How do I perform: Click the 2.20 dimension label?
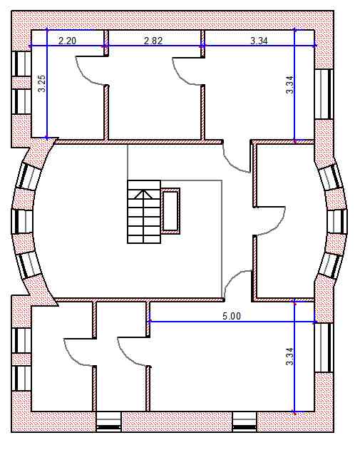[x=67, y=41]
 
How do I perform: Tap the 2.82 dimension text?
[x=153, y=41]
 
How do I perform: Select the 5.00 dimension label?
[x=232, y=316]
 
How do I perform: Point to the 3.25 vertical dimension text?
[x=42, y=83]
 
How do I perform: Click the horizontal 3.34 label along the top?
[x=259, y=41]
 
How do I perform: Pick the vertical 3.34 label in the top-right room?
[x=289, y=84]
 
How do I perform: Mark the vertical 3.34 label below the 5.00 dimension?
[x=289, y=357]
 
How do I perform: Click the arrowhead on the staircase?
[x=143, y=194]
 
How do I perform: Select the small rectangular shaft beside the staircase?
[x=170, y=211]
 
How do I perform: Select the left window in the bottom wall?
[x=109, y=422]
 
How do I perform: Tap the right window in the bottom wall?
[x=245, y=422]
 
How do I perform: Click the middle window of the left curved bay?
[x=23, y=222]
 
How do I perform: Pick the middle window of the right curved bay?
[x=337, y=222]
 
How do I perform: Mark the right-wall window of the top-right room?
[x=324, y=94]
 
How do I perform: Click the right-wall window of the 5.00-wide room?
[x=324, y=347]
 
